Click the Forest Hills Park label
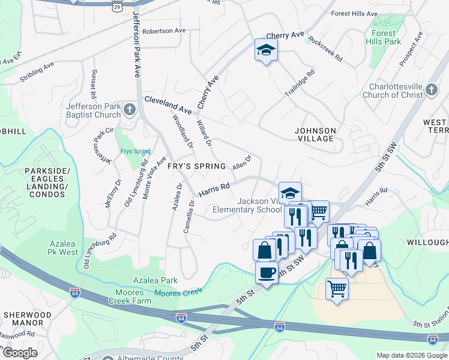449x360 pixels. (x=384, y=37)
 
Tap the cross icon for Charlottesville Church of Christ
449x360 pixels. (x=432, y=91)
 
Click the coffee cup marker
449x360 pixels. (x=267, y=272)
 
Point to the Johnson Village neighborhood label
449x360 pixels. (x=315, y=134)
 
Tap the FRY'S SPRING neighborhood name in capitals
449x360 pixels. (x=196, y=166)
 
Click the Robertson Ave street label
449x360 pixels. (x=164, y=31)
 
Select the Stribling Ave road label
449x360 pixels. (x=37, y=71)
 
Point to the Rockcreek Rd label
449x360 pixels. (x=325, y=49)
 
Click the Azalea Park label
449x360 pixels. (x=155, y=280)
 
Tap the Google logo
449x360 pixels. (x=20, y=353)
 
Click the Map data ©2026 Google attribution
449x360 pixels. (x=412, y=355)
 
